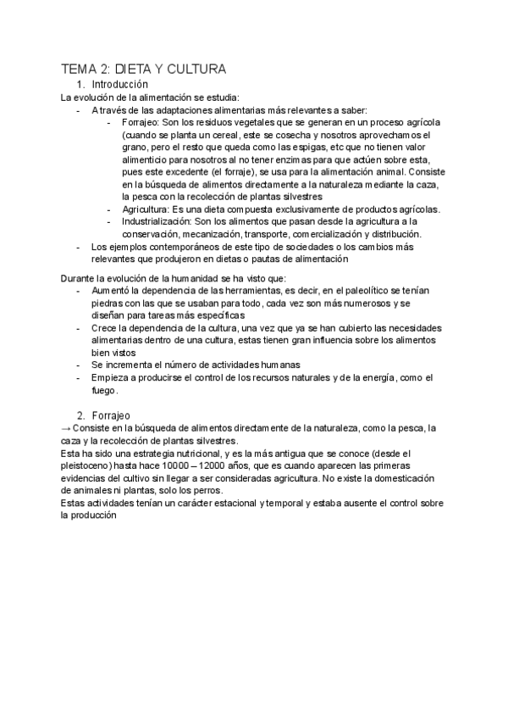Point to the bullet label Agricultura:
click(149, 209)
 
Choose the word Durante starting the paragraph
click(81, 277)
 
